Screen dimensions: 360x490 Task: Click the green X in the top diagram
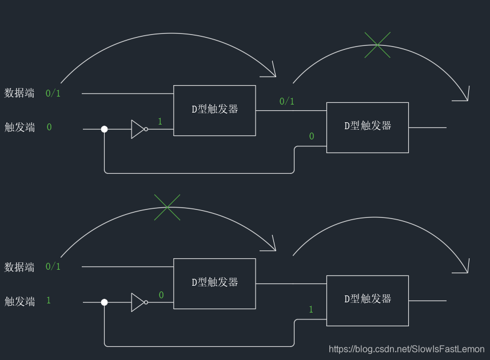377,45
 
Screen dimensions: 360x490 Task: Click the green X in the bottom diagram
168,207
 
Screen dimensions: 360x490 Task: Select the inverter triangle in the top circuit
138,129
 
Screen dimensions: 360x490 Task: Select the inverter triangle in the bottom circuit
138,302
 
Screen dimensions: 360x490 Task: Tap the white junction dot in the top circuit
104,129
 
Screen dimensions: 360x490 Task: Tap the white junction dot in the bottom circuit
104,302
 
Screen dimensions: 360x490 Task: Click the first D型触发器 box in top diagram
214,110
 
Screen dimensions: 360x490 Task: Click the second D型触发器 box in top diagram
367,127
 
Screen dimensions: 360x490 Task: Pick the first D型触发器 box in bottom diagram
214,283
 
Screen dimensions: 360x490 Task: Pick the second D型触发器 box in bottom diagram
367,301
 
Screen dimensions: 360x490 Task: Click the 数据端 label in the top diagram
19,93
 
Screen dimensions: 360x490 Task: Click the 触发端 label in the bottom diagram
19,301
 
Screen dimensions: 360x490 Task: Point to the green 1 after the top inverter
160,121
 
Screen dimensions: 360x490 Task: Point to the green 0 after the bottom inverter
161,295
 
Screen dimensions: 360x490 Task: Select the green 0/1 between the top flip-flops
287,102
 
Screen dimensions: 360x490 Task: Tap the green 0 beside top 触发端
49,127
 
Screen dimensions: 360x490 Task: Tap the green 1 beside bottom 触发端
49,300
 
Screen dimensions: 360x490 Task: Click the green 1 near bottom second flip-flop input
311,310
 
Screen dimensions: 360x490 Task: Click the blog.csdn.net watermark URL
407,349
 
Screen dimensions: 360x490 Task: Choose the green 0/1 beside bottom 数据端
53,266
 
